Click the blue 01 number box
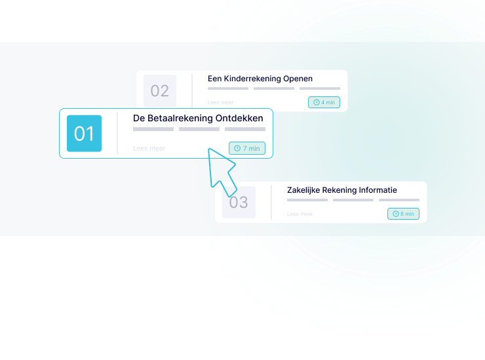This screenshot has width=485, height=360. click(84, 133)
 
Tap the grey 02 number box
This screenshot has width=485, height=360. click(160, 90)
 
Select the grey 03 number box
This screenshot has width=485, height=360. click(239, 202)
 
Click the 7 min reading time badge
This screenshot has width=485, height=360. click(247, 148)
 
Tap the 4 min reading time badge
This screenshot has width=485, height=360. click(324, 102)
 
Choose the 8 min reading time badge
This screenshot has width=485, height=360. click(403, 214)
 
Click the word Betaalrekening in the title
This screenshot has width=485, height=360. click(180, 119)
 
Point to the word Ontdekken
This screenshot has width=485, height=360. click(239, 118)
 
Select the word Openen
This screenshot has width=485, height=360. click(298, 79)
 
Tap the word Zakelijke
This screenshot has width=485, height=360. click(303, 190)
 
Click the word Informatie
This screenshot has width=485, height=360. click(378, 190)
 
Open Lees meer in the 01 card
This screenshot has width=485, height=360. click(149, 148)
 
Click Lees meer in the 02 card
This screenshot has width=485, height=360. click(220, 102)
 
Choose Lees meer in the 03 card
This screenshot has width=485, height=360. click(300, 214)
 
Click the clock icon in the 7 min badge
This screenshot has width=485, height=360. click(237, 148)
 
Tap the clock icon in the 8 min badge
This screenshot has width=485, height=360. click(396, 214)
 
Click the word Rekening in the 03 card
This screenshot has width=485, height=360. click(339, 190)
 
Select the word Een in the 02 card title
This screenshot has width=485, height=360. click(215, 79)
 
